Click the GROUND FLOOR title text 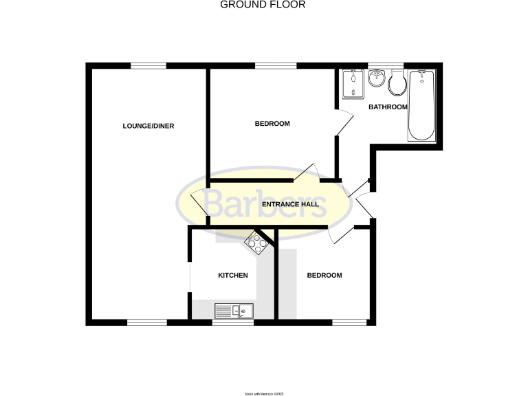263,5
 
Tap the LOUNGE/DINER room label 148,126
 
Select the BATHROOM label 388,107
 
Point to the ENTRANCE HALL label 289,204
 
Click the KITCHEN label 232,276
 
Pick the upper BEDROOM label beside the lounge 272,124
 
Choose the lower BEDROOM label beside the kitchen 324,276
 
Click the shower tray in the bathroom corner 353,84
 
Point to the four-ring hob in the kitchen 258,241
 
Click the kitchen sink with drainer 234,311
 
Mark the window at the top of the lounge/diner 148,66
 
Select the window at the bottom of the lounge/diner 146,322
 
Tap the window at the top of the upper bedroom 275,66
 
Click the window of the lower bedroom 350,322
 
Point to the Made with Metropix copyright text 264,393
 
